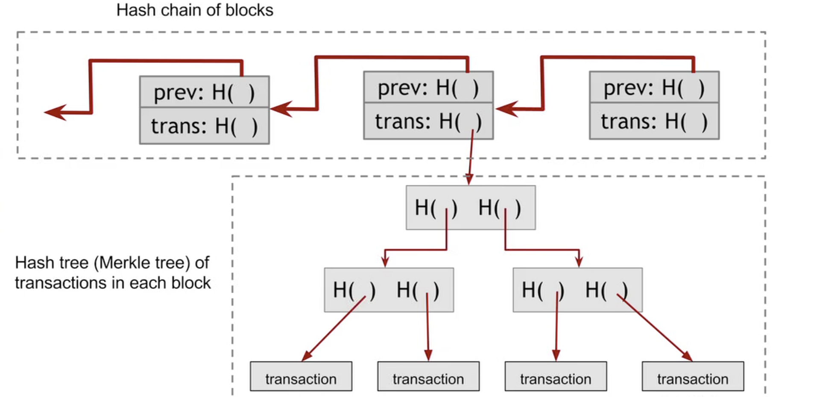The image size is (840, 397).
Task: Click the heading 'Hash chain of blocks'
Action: click(194, 10)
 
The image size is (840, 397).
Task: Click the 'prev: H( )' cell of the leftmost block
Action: click(204, 92)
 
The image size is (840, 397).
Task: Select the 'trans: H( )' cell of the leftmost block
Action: click(204, 126)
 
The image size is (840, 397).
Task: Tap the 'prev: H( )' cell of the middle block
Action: click(428, 88)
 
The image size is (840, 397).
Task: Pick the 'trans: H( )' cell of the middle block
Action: click(428, 121)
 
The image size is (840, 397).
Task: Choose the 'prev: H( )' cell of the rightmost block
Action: click(654, 88)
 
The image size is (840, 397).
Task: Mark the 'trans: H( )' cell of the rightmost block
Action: click(654, 121)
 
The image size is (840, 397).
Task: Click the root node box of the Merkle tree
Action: click(470, 208)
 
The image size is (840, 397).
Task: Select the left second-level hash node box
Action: click(389, 290)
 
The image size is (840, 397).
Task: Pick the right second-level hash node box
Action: click(577, 290)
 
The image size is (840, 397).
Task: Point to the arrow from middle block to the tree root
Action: click(471, 158)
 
